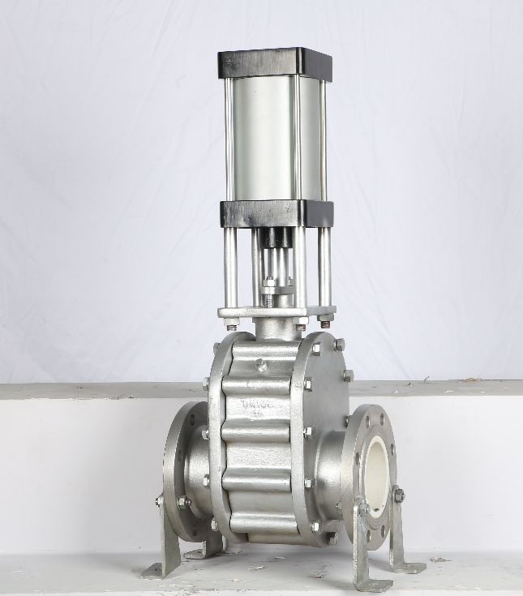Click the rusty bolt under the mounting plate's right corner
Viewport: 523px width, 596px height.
327,318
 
